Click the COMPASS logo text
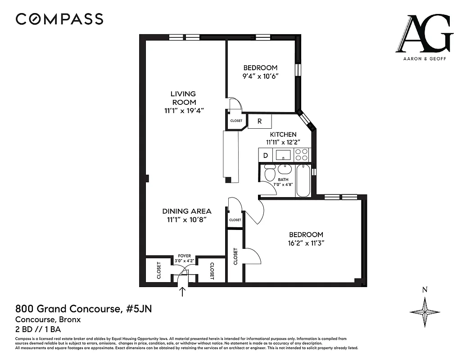[x=59, y=19]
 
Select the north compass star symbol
[x=425, y=312]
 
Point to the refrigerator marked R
[x=260, y=121]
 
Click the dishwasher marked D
[x=266, y=155]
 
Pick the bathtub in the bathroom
[x=303, y=181]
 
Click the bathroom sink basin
[x=285, y=170]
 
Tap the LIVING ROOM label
[x=183, y=98]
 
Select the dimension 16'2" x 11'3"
[x=306, y=243]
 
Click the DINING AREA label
[x=186, y=211]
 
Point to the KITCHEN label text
[x=283, y=135]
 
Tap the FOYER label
[x=184, y=256]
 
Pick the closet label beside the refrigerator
[x=236, y=121]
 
